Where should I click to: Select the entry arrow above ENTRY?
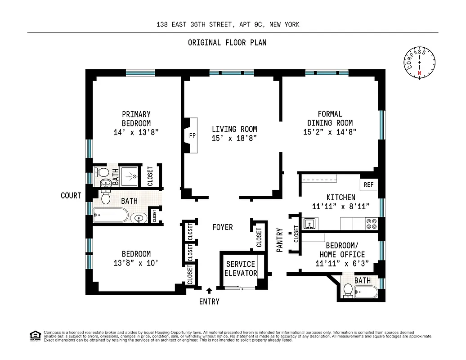point(209,291)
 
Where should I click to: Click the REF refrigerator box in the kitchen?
point(368,184)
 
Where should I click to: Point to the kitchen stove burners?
point(372,224)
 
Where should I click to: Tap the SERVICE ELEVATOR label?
point(241,269)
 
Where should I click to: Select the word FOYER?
point(223,227)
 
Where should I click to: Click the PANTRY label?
point(280,240)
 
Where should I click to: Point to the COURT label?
point(71,195)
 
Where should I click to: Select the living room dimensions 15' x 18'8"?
point(234,138)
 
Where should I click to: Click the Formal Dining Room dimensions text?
point(330,132)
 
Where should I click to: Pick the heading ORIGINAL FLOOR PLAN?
point(227,43)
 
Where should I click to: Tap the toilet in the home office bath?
point(348,291)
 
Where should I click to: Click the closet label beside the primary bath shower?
point(150,176)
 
